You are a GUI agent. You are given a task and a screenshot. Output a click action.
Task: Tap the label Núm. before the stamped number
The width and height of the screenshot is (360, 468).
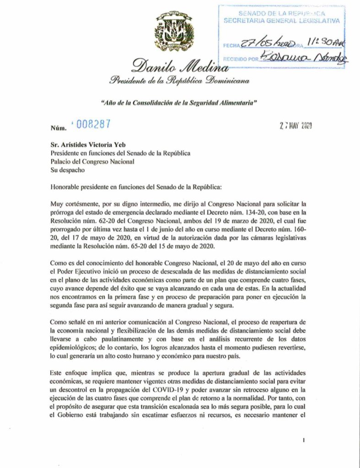tap(58, 127)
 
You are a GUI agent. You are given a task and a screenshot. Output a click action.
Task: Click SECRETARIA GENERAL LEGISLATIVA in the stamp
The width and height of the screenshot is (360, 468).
tap(281, 21)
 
